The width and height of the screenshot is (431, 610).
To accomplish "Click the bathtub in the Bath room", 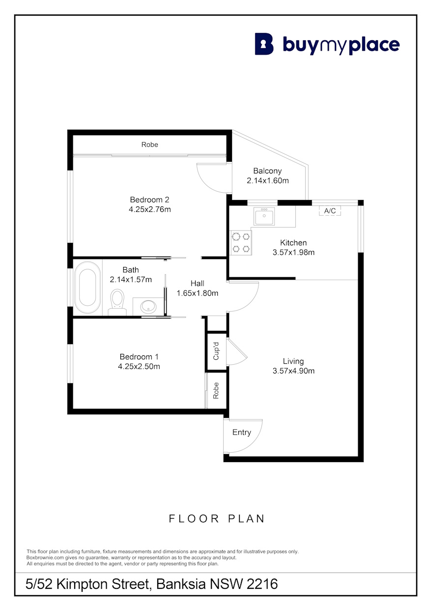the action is pos(87,287).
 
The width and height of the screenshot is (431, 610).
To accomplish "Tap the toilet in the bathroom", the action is pos(117,302).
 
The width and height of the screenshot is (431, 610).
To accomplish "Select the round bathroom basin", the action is pos(148,307).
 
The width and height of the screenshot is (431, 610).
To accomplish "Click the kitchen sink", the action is pos(264,216).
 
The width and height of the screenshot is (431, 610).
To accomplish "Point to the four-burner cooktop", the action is pos(241,242).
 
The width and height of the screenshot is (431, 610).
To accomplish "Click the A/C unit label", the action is pos(330,210).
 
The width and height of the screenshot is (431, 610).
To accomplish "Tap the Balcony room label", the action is pos(267,171).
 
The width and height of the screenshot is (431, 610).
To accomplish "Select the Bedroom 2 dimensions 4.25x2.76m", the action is pos(150,209).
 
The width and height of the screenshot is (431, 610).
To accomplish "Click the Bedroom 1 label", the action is pos(139,356).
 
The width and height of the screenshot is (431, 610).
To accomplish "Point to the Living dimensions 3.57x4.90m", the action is pos(293,371).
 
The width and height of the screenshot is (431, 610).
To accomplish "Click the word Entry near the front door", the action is pos(241,432).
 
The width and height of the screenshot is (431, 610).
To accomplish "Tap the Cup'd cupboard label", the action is pos(216,351).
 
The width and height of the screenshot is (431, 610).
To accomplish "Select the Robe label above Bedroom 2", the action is pos(149,145).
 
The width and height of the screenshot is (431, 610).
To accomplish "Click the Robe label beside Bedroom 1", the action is pos(216,390).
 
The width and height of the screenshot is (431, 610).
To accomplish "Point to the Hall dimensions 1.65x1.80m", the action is pos(198,293).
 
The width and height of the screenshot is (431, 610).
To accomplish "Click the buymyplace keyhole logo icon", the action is pos(264,44).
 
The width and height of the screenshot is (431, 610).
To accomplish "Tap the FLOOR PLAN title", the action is pos(217,519).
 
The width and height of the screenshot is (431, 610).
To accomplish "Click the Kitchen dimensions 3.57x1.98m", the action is pos(293,252).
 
